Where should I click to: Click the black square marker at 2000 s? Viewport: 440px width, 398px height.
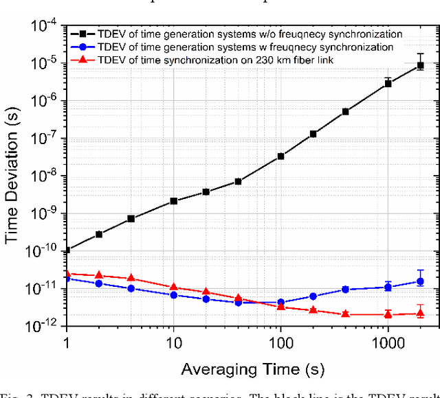click(x=420, y=66)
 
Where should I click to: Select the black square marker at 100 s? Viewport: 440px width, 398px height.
click(x=280, y=156)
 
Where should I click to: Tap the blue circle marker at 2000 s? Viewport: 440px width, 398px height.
click(x=420, y=281)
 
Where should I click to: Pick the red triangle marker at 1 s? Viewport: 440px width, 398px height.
click(x=67, y=273)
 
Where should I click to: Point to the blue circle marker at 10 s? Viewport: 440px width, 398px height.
click(x=174, y=295)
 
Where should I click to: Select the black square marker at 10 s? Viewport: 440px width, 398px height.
click(x=174, y=201)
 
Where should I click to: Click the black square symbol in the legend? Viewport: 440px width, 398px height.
click(x=83, y=34)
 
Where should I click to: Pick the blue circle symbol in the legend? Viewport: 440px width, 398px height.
click(x=83, y=47)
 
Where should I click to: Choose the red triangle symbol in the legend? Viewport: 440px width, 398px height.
click(x=83, y=62)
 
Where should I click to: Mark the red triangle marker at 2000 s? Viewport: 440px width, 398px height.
click(x=420, y=314)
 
